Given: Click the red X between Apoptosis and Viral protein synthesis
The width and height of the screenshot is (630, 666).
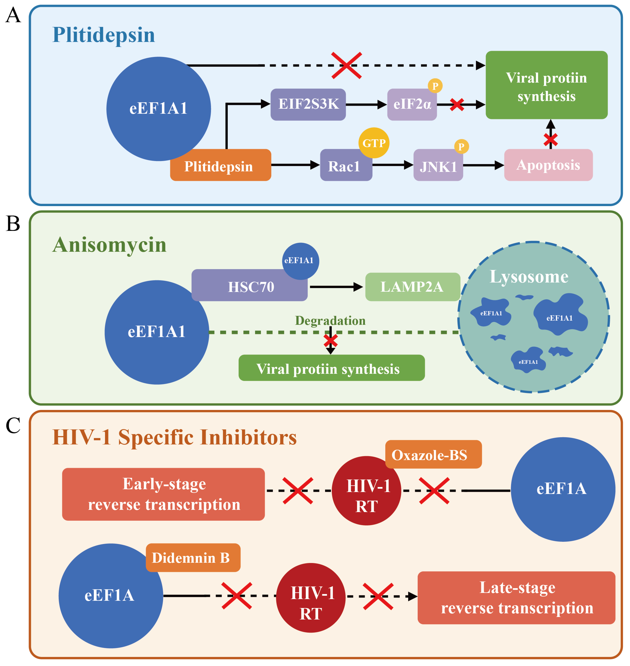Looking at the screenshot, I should coord(550,140).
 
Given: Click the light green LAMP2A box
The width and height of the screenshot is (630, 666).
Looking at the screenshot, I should coord(412,287).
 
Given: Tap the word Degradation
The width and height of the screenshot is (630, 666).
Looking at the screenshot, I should coord(330,321).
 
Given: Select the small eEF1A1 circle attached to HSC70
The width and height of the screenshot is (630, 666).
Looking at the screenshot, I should coord(300,261).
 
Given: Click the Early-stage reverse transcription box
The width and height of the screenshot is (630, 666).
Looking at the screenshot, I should coord(164,494).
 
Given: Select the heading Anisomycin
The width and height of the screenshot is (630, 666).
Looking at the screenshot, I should coord(109,245).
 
